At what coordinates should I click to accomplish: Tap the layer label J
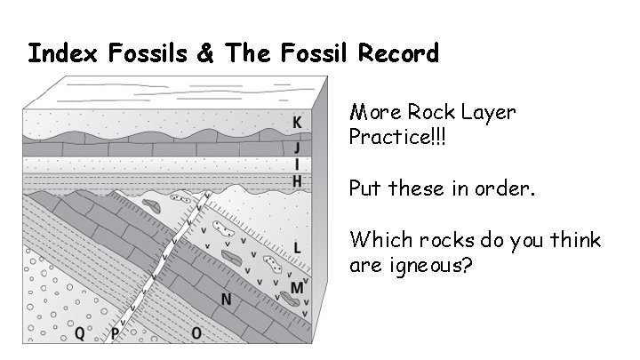coord(298,148)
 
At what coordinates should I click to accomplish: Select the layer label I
coord(298,164)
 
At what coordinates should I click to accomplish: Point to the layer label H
coord(298,180)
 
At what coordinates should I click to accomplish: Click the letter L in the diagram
coord(297,245)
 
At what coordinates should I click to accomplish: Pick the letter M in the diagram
coord(297,288)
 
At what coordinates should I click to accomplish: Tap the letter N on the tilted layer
coord(226,300)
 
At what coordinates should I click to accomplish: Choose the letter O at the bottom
coord(196,333)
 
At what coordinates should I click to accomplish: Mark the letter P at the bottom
coord(116,333)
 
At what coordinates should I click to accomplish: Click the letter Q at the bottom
coord(80,333)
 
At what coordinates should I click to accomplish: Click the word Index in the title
coord(60,54)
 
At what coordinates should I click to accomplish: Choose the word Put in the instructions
coord(365,188)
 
